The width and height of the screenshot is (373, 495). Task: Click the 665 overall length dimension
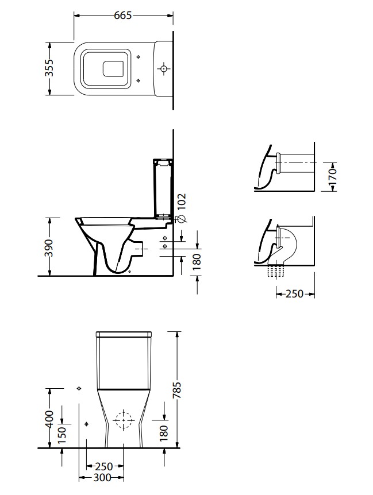point(122,16)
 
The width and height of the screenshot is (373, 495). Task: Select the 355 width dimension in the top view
point(49,68)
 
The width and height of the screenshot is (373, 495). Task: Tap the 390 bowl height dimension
point(49,248)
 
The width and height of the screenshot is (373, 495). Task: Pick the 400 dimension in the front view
point(49,419)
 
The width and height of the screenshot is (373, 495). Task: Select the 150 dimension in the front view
point(62,435)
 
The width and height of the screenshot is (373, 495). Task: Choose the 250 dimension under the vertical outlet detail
point(294,294)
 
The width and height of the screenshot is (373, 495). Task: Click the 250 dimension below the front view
point(103,466)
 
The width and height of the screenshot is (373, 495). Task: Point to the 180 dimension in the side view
point(197,262)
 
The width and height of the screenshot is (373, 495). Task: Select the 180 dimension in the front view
point(164,433)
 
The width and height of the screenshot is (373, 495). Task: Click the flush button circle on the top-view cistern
point(163,68)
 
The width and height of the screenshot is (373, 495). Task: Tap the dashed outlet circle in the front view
point(124,420)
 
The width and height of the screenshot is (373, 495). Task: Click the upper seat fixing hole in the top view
point(138,57)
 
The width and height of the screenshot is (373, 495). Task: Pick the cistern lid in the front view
point(124,334)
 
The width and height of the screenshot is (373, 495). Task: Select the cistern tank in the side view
point(163,189)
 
